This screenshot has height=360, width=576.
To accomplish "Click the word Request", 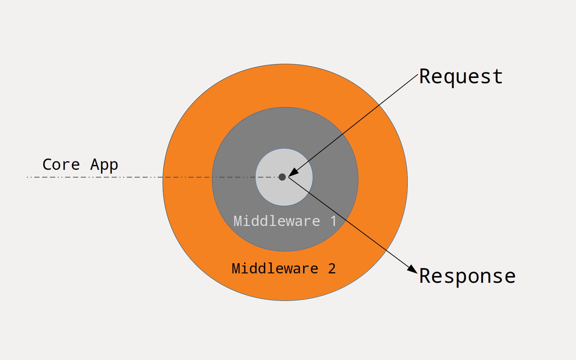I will click(x=461, y=77).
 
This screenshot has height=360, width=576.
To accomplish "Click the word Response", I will click(x=467, y=276).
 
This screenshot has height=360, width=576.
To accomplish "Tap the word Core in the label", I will click(x=61, y=165).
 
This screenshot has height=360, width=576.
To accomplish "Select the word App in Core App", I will click(x=104, y=165).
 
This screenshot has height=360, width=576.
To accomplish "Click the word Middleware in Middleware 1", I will click(x=277, y=221).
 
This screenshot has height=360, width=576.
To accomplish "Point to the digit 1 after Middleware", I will click(x=333, y=221).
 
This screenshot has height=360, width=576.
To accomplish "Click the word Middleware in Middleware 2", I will click(x=275, y=268).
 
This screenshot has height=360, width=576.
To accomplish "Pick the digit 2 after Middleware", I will click(x=332, y=268).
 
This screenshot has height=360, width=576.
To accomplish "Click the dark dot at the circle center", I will click(x=282, y=177).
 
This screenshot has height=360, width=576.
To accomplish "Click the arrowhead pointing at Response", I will click(x=413, y=269).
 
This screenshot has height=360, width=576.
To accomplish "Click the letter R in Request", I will click(x=425, y=76).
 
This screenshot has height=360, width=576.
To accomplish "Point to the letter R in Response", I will click(x=425, y=276).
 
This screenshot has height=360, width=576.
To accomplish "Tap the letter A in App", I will click(x=94, y=165).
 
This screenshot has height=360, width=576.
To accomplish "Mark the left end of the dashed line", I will click(x=28, y=177).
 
